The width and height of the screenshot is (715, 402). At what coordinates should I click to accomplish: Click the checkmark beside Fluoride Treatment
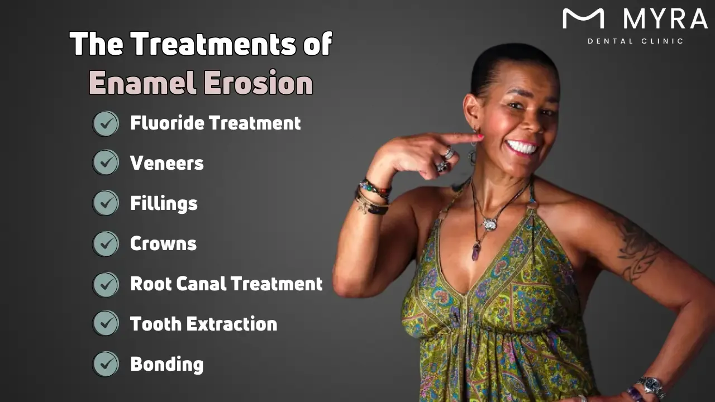pos(106,123)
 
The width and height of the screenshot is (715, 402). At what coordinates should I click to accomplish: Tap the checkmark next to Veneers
pos(106,163)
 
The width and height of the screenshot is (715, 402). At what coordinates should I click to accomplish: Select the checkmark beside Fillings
pos(106,203)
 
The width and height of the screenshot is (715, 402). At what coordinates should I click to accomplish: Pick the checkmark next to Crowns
pos(106,243)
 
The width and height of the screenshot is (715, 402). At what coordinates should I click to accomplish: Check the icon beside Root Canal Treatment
pos(106,284)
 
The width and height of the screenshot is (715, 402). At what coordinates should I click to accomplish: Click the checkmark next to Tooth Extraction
pos(106,324)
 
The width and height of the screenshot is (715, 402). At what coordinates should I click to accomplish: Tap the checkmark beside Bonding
pos(106,364)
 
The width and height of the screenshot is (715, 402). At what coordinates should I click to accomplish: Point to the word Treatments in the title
pos(213,44)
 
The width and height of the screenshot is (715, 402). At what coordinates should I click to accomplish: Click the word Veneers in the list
pos(166,163)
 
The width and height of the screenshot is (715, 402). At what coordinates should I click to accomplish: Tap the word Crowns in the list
pos(163,243)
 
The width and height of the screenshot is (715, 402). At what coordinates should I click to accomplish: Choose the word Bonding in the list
pos(166,364)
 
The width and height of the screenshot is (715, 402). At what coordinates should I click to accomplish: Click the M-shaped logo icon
pos(583,18)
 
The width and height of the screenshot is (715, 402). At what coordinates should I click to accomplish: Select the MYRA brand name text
pos(665,19)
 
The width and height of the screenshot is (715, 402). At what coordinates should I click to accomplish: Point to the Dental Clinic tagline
pos(636,41)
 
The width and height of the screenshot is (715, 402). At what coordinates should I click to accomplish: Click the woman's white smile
pos(521,147)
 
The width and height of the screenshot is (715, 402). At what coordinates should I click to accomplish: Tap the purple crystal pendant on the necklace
pos(476,252)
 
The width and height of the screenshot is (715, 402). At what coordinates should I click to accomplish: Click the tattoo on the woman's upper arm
pos(637,246)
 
